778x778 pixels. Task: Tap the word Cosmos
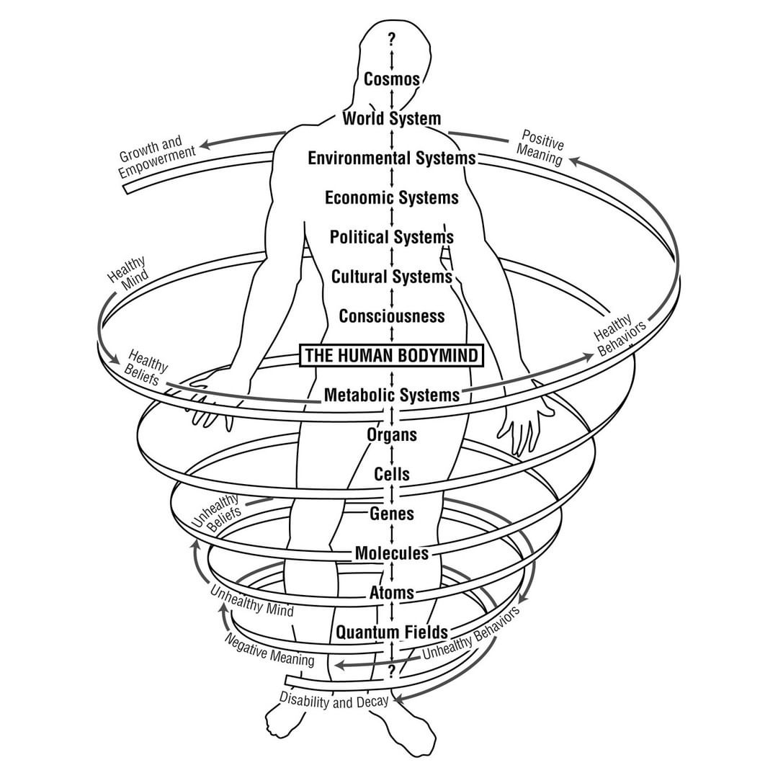click(392, 79)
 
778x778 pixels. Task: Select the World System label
click(392, 118)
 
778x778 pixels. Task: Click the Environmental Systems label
click(392, 158)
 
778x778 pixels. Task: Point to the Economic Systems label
click(392, 197)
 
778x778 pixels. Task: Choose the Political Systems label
click(392, 237)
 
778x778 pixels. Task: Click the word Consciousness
click(392, 316)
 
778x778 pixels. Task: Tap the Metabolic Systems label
click(392, 395)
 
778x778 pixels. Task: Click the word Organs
click(392, 434)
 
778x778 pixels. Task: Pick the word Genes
click(392, 514)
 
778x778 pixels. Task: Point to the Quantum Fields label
click(392, 632)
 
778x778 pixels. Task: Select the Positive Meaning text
click(541, 147)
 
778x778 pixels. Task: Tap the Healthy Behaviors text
click(620, 335)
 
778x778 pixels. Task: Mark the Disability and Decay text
click(334, 700)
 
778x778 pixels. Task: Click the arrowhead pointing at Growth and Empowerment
click(205, 145)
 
